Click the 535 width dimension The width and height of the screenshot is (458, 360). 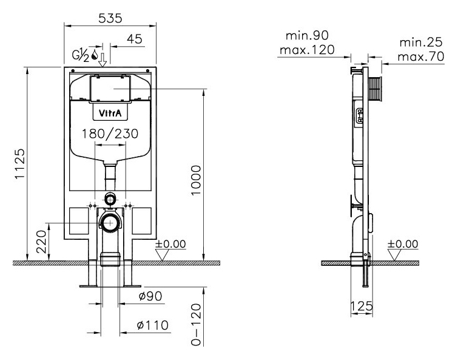(x=110, y=18)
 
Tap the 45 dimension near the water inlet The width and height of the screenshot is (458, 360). (x=135, y=39)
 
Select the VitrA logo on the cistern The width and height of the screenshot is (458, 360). (x=110, y=113)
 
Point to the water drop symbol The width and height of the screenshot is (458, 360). (x=95, y=55)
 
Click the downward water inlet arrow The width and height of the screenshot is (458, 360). (x=103, y=60)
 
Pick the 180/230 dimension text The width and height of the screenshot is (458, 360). (x=110, y=134)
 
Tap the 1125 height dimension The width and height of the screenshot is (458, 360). (x=20, y=164)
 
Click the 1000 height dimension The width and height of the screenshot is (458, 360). (x=196, y=180)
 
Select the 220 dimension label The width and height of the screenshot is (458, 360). (x=41, y=242)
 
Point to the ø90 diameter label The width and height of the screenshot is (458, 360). (x=150, y=296)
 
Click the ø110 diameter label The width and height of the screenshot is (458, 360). (x=153, y=325)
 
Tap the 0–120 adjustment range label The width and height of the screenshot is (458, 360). (x=197, y=325)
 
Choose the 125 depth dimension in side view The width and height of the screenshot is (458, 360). (x=362, y=306)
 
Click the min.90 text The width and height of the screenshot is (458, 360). (x=307, y=36)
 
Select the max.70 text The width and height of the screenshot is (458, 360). (x=421, y=56)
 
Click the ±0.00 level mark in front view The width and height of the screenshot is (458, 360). (x=170, y=244)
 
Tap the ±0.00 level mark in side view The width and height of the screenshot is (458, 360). (x=403, y=244)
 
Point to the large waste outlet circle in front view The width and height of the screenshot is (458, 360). (x=110, y=223)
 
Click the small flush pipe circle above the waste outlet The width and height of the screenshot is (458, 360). (x=110, y=200)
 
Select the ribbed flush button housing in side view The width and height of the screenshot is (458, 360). (x=375, y=89)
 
